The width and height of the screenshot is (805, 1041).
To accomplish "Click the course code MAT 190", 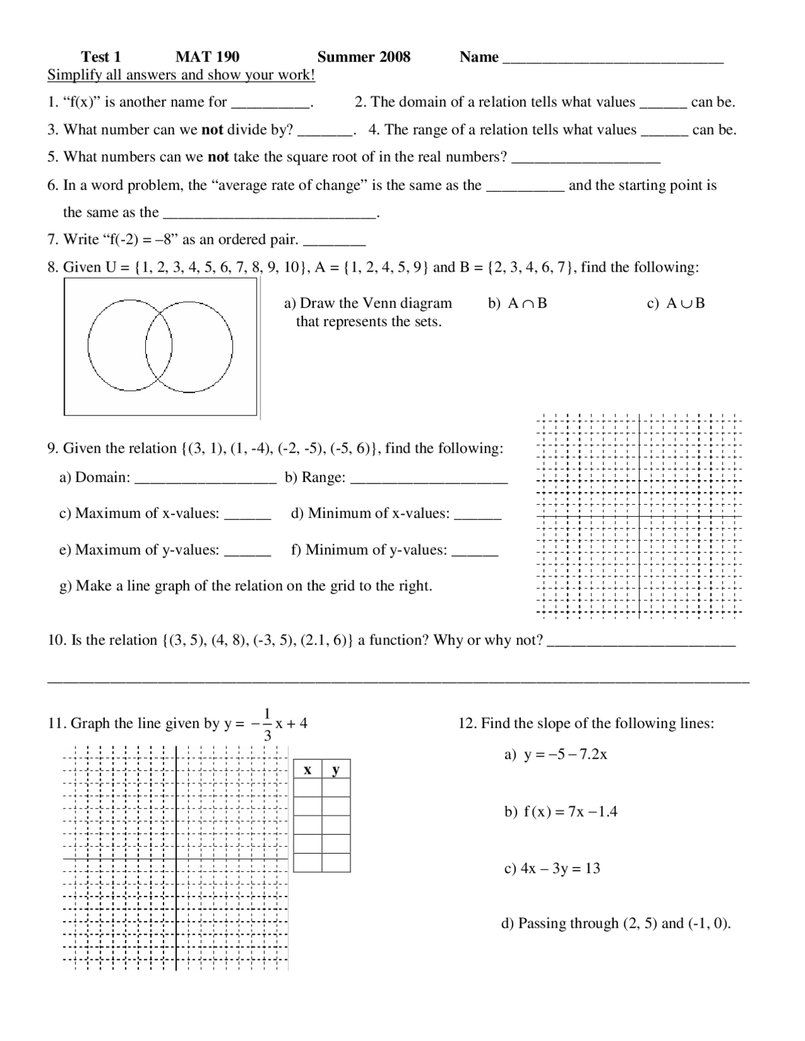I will click(207, 57).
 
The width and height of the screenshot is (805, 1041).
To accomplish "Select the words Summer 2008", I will click(364, 57).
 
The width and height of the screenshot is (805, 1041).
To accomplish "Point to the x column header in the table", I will click(308, 769).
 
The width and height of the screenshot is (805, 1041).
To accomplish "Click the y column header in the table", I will click(336, 769).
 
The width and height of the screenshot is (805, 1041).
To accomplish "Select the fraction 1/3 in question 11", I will click(267, 724).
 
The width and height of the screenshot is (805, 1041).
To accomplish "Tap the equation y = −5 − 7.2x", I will click(565, 754).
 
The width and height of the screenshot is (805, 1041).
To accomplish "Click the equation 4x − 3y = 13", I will click(560, 869).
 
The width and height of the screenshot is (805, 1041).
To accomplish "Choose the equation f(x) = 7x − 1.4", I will click(570, 812).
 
